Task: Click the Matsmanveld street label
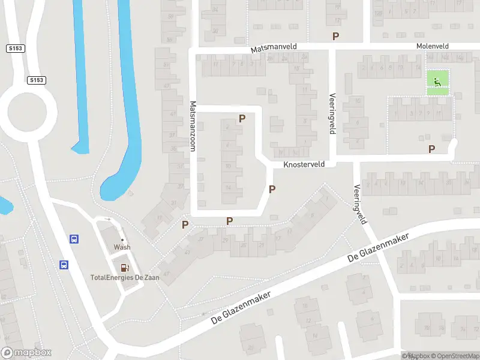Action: click(x=274, y=46)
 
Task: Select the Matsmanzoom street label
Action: click(x=193, y=125)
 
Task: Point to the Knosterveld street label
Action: click(x=304, y=163)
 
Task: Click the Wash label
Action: click(x=122, y=247)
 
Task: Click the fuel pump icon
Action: click(x=125, y=268)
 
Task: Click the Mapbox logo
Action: click(x=26, y=353)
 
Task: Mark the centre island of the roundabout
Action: click(x=31, y=111)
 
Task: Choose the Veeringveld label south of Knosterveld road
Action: click(x=362, y=204)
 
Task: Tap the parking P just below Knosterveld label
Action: click(x=272, y=190)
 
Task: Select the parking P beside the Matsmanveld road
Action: click(x=335, y=36)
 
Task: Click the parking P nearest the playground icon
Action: click(x=431, y=149)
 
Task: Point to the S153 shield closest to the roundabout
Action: click(x=37, y=80)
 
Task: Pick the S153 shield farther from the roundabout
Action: click(x=16, y=48)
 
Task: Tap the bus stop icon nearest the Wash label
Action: click(x=74, y=239)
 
